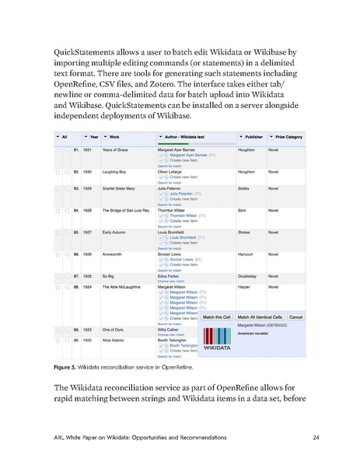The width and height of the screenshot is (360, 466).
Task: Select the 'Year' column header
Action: tap(91, 137)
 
